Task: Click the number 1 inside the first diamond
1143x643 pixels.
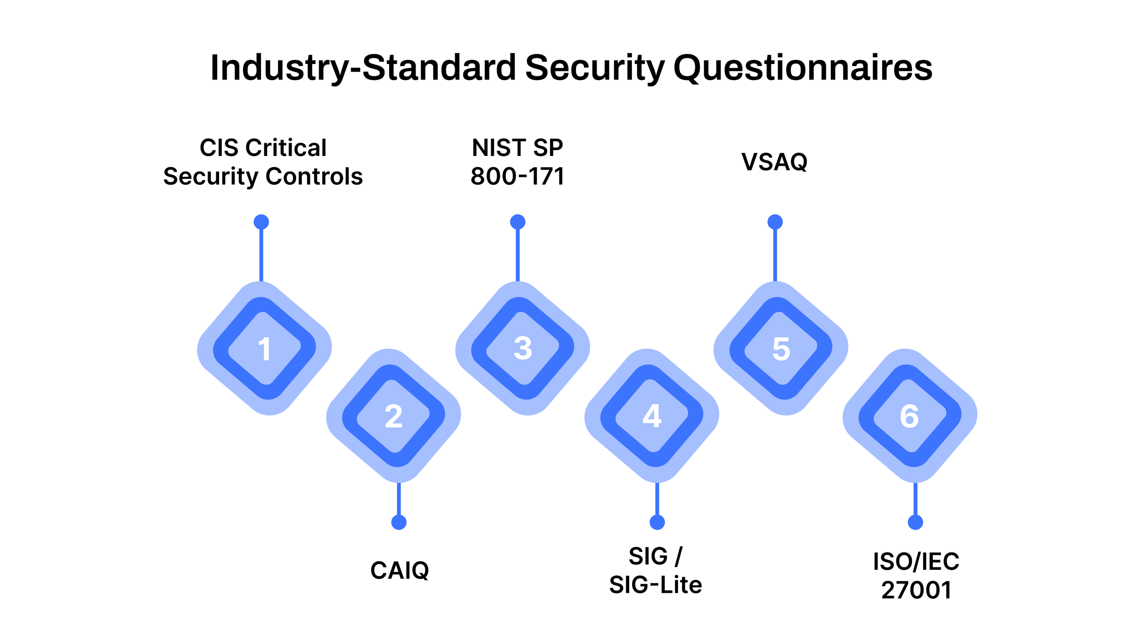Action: click(264, 349)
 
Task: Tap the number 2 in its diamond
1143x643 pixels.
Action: click(393, 416)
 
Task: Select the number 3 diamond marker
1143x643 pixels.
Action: click(523, 348)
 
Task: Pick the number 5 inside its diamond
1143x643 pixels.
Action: click(781, 349)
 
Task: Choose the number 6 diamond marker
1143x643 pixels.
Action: click(909, 416)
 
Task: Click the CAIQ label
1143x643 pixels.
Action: click(400, 570)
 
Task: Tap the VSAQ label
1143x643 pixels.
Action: click(774, 162)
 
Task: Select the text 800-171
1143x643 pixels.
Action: click(518, 177)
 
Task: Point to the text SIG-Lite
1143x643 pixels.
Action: click(655, 585)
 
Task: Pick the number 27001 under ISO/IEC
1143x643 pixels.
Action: click(916, 590)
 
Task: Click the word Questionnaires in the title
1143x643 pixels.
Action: click(803, 68)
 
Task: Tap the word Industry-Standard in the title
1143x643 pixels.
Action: click(363, 68)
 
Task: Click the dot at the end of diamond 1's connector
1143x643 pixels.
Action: click(261, 222)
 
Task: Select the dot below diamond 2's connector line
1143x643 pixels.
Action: click(399, 522)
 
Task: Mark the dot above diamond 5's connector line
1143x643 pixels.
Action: click(775, 222)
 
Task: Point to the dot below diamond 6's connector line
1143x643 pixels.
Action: click(915, 522)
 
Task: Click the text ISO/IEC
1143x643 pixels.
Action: click(916, 562)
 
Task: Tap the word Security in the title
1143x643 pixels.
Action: click(594, 68)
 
